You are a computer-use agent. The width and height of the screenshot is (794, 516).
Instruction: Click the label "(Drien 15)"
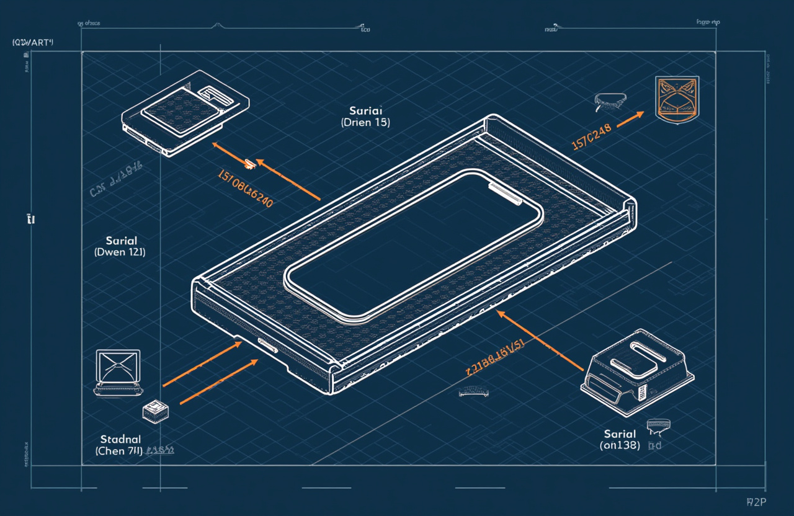coord(365,123)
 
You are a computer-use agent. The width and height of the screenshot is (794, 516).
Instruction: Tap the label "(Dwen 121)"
coord(120,252)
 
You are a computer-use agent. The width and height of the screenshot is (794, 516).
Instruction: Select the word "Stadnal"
coord(119,439)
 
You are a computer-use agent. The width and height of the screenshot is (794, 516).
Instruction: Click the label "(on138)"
coord(620,445)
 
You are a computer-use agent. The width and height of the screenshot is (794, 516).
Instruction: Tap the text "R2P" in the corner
coord(755,502)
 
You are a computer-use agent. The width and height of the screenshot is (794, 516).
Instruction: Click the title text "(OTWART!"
coord(33,42)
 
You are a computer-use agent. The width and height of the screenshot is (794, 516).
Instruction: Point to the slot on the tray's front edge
coord(267,345)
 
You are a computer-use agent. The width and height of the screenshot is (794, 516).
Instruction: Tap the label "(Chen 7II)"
coord(119,451)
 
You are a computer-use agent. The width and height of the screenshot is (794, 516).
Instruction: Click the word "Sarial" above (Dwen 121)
coord(122,241)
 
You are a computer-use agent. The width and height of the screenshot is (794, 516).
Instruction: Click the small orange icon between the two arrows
coord(249,164)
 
